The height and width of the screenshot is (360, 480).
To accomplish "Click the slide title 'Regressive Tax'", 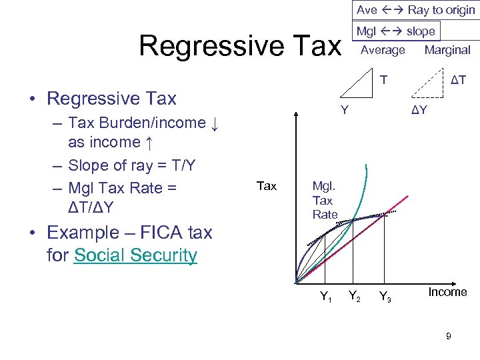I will (239, 46).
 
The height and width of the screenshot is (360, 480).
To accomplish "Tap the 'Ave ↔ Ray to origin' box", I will (415, 10).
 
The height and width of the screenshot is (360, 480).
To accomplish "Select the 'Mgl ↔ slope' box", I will (396, 31).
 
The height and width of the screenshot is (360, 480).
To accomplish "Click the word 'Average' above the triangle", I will (383, 50).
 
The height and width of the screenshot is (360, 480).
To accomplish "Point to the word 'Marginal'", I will (447, 50).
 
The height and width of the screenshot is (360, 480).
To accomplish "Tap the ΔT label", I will (458, 81).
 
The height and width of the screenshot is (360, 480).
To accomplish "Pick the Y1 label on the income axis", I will (326, 297).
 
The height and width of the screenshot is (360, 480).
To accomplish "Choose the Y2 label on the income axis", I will (355, 297).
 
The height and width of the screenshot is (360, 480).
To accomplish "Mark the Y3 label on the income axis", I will (385, 297).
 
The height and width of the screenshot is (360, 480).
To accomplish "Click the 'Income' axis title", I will (447, 292).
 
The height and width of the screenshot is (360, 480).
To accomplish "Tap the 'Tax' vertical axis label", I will (266, 186).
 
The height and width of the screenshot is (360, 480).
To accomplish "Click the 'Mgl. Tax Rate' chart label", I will (325, 200).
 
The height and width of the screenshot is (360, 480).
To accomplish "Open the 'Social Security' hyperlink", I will (135, 255).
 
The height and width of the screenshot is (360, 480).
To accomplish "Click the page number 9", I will (448, 337).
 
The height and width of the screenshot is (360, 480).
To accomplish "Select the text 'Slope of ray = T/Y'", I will (131, 165).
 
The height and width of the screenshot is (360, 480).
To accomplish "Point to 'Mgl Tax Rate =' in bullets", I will (122, 188).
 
